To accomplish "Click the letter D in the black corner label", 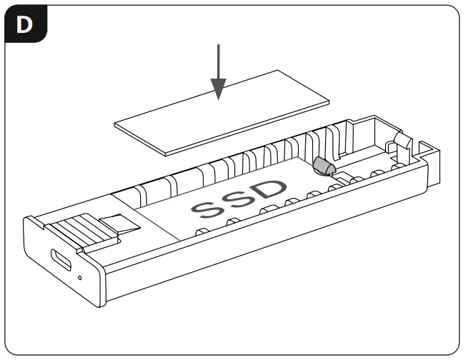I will pyautogui.click(x=24, y=24).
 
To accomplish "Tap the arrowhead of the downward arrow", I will pyautogui.click(x=219, y=89).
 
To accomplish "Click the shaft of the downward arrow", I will pyautogui.click(x=219, y=61).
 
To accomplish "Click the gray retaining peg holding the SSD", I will pyautogui.click(x=324, y=166).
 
